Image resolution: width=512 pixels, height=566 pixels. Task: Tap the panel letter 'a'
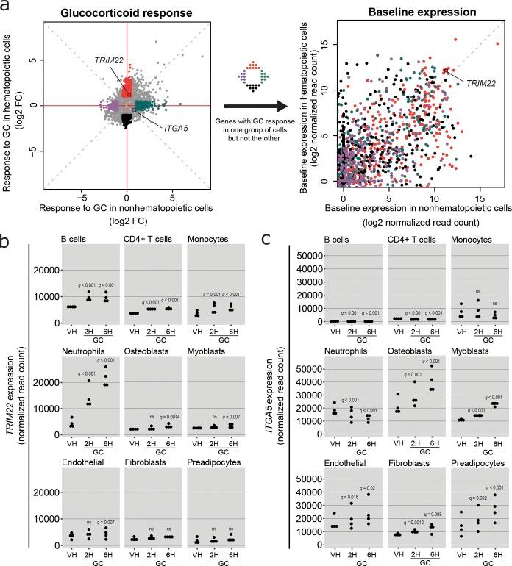click(x=7, y=8)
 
